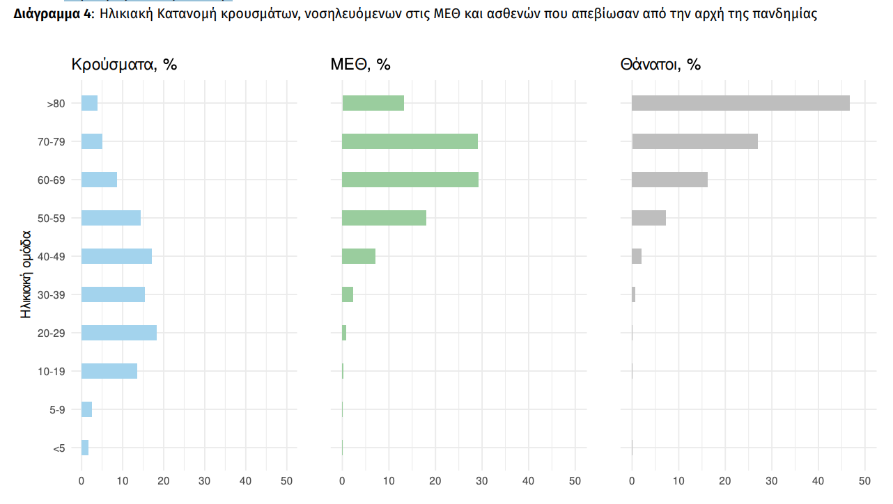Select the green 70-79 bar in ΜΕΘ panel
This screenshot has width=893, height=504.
pos(410,141)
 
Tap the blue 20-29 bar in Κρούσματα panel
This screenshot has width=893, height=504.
pos(119,333)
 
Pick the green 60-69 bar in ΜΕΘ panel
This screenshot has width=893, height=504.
pos(410,180)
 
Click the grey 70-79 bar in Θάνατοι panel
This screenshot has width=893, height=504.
pos(694,141)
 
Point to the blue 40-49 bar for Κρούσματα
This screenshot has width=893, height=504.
pos(116,256)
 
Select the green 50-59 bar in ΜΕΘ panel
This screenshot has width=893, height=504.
pos(384,218)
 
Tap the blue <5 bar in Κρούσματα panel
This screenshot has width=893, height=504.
pos(85,448)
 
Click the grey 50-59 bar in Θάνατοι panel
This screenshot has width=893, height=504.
pos(649,218)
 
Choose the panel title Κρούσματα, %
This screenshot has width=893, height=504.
pos(125,65)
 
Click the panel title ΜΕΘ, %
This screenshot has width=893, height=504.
pos(360,65)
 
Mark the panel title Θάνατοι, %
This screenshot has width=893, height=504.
pos(660,65)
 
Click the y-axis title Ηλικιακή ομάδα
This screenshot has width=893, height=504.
pos(26,274)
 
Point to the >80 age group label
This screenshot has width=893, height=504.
pos(56,104)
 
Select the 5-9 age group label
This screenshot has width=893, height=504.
pos(58,410)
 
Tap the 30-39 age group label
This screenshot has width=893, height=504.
pos(52,295)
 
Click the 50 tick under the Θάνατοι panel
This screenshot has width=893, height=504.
pos(864,481)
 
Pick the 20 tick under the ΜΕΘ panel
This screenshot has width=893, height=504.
pos(435,481)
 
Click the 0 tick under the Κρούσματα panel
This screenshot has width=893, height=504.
pos(81,481)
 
